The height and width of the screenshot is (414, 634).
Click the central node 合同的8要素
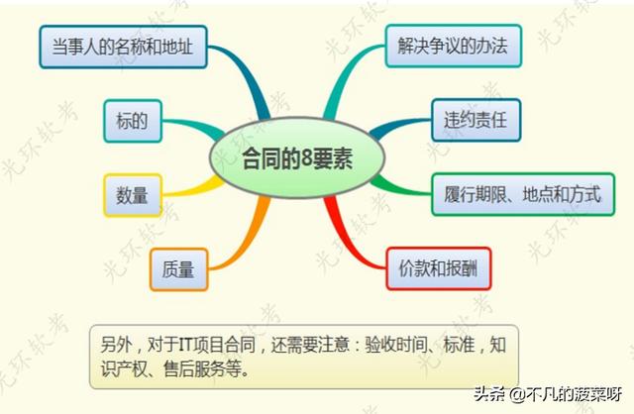[x=297, y=157]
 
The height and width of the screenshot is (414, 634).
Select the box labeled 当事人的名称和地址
[x=123, y=47]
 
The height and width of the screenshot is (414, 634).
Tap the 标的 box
[x=133, y=121]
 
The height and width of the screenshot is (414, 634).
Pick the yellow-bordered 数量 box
[x=133, y=195]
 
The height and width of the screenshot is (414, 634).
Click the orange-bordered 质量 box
[x=178, y=269]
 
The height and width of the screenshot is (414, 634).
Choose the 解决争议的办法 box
[x=454, y=46]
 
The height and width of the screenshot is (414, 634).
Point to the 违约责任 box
[x=475, y=120]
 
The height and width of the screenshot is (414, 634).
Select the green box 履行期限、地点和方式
[x=523, y=194]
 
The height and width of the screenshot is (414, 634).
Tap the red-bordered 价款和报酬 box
[x=439, y=268]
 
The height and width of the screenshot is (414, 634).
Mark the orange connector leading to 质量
[x=248, y=243]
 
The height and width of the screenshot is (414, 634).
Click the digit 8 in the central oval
[x=307, y=158]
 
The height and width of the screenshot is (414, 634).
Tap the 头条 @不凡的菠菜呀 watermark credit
[x=548, y=394]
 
